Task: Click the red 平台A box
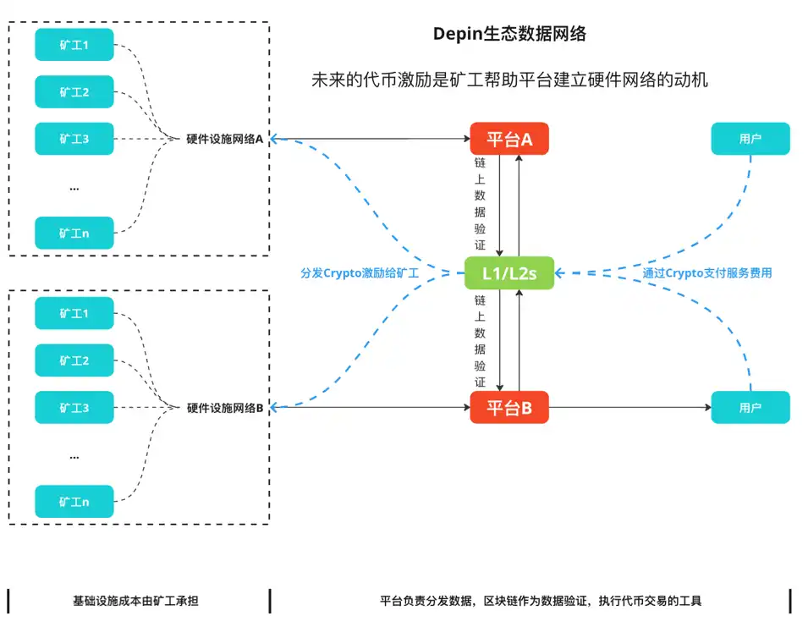tap(509, 139)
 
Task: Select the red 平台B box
tap(509, 408)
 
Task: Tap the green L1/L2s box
tap(509, 273)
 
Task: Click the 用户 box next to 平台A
tap(750, 139)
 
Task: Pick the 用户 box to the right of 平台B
tap(750, 408)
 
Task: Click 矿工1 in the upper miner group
tap(74, 44)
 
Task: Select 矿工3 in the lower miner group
tap(74, 408)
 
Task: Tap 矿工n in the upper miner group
tap(74, 233)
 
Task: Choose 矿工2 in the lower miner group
tap(74, 360)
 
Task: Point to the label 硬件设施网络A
tap(225, 139)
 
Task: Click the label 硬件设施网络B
tap(225, 408)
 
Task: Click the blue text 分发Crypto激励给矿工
tap(360, 273)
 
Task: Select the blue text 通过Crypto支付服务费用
tap(706, 273)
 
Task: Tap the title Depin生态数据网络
tap(509, 35)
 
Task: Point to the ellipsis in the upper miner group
tap(74, 187)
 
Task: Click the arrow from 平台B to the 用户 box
tap(630, 408)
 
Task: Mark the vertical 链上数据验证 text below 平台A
tap(480, 204)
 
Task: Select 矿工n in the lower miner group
tap(74, 502)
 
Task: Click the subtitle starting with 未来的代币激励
tap(509, 81)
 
